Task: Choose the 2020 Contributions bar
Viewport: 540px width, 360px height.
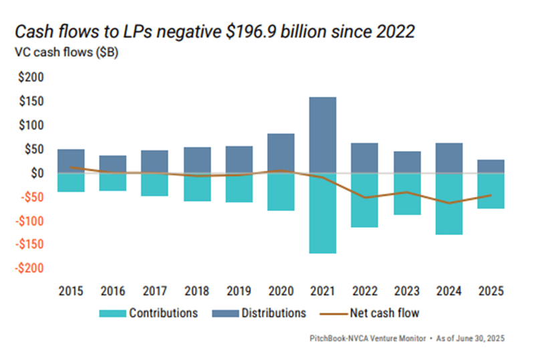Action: point(280,192)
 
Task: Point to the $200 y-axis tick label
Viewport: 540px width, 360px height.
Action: point(29,77)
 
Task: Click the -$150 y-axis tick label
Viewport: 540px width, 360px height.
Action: point(28,244)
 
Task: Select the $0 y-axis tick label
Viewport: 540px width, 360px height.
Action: point(36,173)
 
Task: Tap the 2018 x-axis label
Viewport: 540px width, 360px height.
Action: point(196,291)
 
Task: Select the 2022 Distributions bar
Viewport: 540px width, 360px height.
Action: point(364,158)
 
